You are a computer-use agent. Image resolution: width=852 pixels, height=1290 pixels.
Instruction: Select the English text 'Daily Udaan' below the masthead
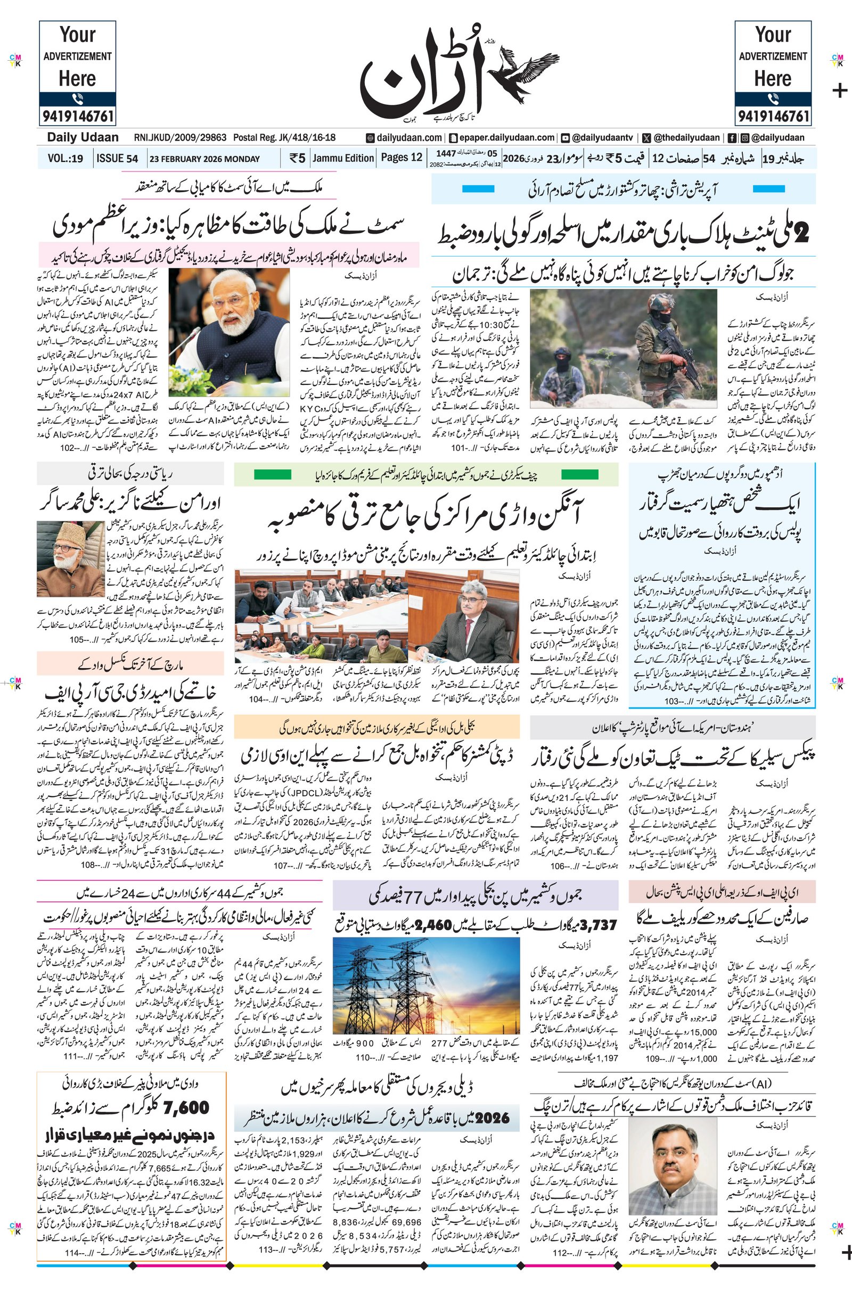82,137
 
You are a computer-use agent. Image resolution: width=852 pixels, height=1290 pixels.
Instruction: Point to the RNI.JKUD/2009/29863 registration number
180,138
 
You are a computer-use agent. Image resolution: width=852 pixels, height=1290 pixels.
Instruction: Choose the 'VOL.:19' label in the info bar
65,159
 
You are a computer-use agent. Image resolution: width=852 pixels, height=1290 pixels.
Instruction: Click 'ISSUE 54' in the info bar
117,159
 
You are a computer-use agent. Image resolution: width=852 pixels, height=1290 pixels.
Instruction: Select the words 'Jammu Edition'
343,158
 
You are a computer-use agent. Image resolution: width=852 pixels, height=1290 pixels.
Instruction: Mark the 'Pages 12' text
402,158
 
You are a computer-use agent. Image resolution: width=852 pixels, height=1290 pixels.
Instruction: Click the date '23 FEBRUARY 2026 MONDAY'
204,159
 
